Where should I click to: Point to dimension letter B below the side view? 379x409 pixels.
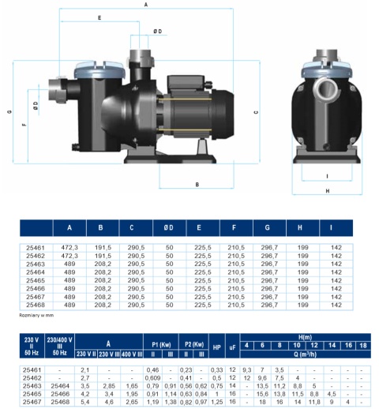[x=196, y=184]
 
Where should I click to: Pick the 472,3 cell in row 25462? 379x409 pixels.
[x=69, y=254]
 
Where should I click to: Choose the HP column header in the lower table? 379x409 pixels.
[x=217, y=345]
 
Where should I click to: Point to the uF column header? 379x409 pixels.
[x=232, y=345]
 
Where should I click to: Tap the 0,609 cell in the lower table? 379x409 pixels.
[x=153, y=377]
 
